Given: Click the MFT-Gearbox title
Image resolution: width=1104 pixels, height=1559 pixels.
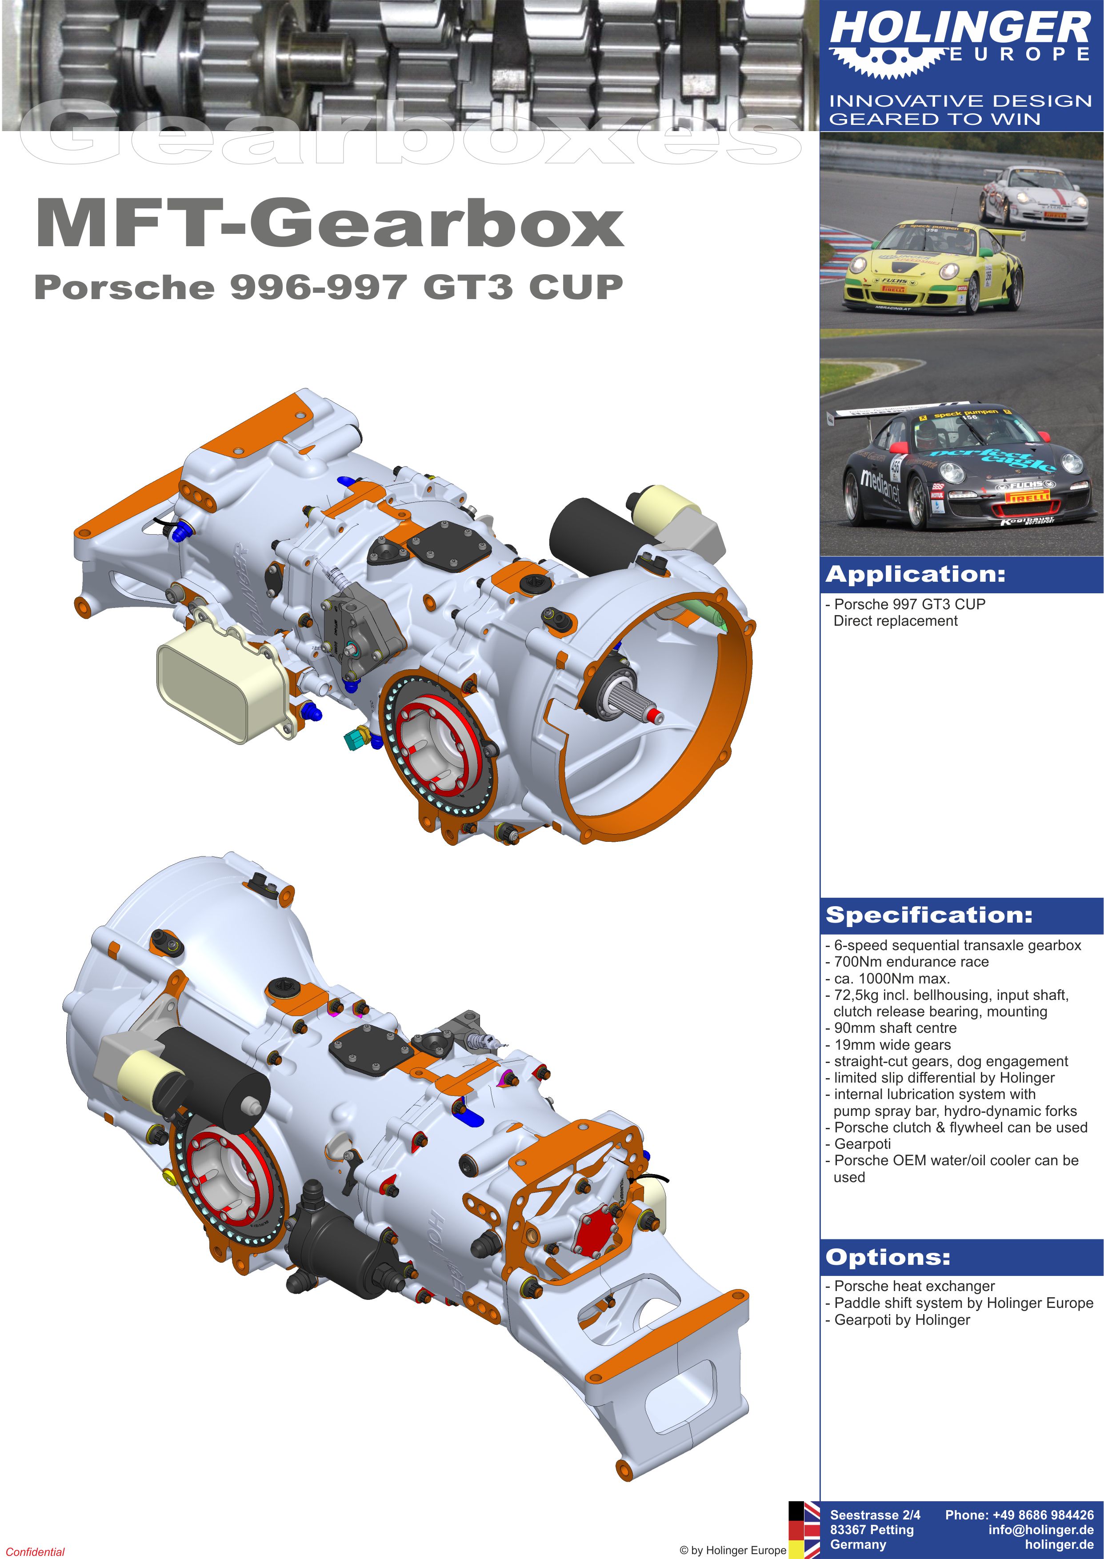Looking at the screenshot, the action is click(x=330, y=223).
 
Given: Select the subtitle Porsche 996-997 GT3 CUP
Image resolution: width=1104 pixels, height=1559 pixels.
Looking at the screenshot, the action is click(x=328, y=287).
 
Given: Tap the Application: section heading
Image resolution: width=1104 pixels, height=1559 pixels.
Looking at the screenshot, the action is click(x=915, y=575).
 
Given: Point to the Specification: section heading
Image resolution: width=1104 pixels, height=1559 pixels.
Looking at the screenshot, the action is click(x=928, y=915).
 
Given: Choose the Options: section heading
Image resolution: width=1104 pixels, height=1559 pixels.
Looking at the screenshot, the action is click(x=888, y=1257).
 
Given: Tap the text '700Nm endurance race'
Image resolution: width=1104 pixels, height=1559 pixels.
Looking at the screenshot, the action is click(x=908, y=962).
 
